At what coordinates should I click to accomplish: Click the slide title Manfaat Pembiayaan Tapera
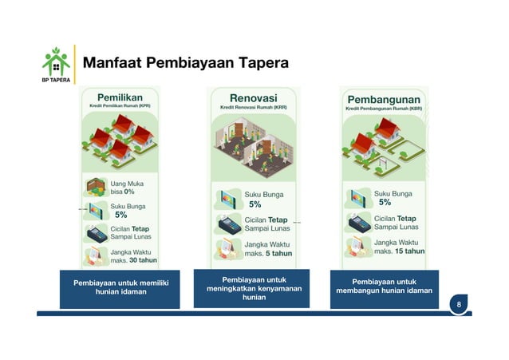(186, 62)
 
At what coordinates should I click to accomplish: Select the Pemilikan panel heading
(120, 96)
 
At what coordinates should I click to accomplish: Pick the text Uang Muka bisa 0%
(122, 188)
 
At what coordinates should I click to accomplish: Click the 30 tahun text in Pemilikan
(143, 259)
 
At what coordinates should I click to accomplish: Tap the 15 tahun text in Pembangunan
(409, 251)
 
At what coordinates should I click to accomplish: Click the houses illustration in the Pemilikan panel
(120, 140)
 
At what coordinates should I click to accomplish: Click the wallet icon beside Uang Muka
(96, 187)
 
